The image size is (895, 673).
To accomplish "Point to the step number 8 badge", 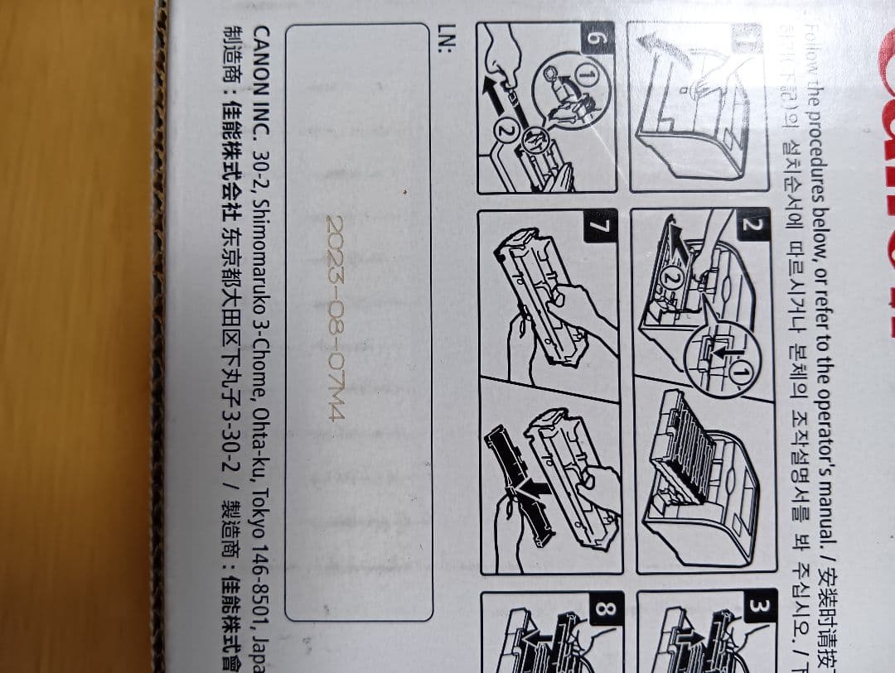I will tap(603, 611).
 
